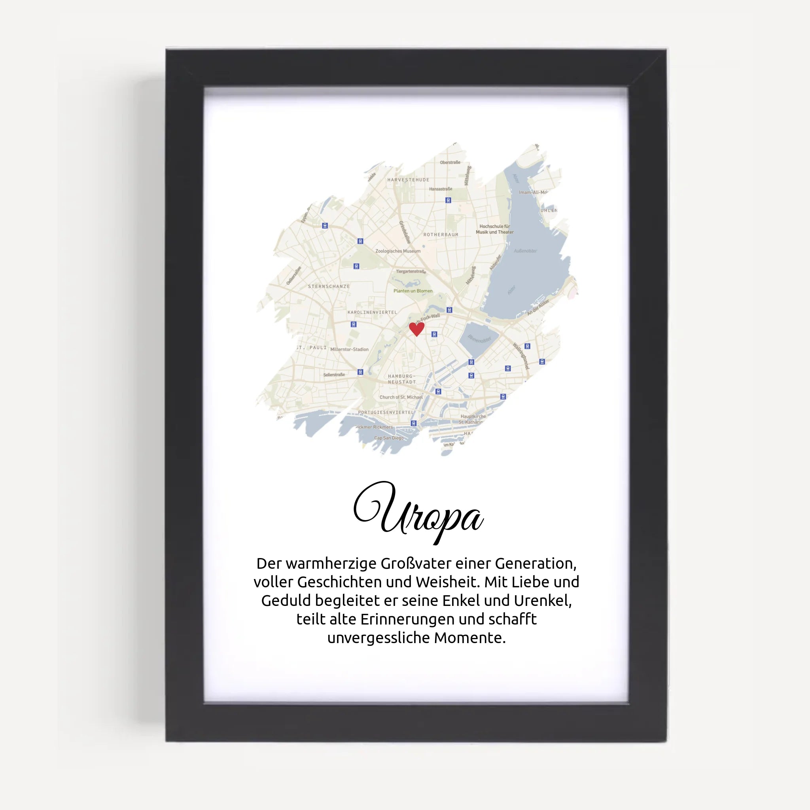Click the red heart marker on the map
[x=416, y=329]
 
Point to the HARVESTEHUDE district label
[x=408, y=180]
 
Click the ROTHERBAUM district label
[x=441, y=235]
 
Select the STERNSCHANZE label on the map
[x=329, y=286]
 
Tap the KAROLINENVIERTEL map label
[x=372, y=312]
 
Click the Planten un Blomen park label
[x=413, y=291]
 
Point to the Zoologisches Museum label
[x=398, y=251]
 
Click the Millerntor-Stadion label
[x=349, y=349]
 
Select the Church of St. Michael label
[x=401, y=397]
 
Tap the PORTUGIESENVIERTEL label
[x=385, y=413]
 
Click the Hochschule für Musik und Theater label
[x=494, y=229]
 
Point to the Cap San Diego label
[x=389, y=438]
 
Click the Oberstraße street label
[x=450, y=162]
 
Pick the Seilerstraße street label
[x=334, y=375]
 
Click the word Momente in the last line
[x=469, y=638]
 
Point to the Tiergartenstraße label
[x=411, y=272]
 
